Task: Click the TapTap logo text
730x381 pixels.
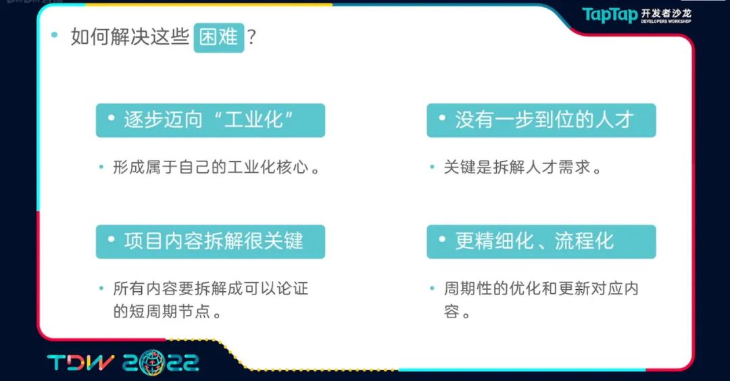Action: coord(610,15)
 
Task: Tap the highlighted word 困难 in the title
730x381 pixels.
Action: coord(219,37)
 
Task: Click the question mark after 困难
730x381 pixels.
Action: coord(252,36)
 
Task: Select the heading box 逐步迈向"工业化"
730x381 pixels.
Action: coord(210,120)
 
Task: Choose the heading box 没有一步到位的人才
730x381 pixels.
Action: coord(541,120)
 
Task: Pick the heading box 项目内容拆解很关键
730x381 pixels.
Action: coord(210,242)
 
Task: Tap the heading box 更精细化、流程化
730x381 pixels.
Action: coord(541,242)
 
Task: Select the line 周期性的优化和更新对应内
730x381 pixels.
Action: coord(541,288)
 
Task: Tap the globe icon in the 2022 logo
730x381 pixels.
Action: coord(152,363)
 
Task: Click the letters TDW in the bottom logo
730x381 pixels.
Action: coord(80,363)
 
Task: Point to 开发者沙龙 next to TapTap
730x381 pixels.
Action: coord(666,13)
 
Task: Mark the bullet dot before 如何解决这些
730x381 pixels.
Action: coord(55,34)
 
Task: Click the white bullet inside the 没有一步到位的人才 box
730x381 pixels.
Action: coord(442,118)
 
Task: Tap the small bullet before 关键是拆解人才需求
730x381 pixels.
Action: coord(432,166)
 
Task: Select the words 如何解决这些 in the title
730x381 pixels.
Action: coord(130,36)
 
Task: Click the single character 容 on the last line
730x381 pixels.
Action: coord(452,311)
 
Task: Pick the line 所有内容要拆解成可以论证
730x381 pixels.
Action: coord(210,288)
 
